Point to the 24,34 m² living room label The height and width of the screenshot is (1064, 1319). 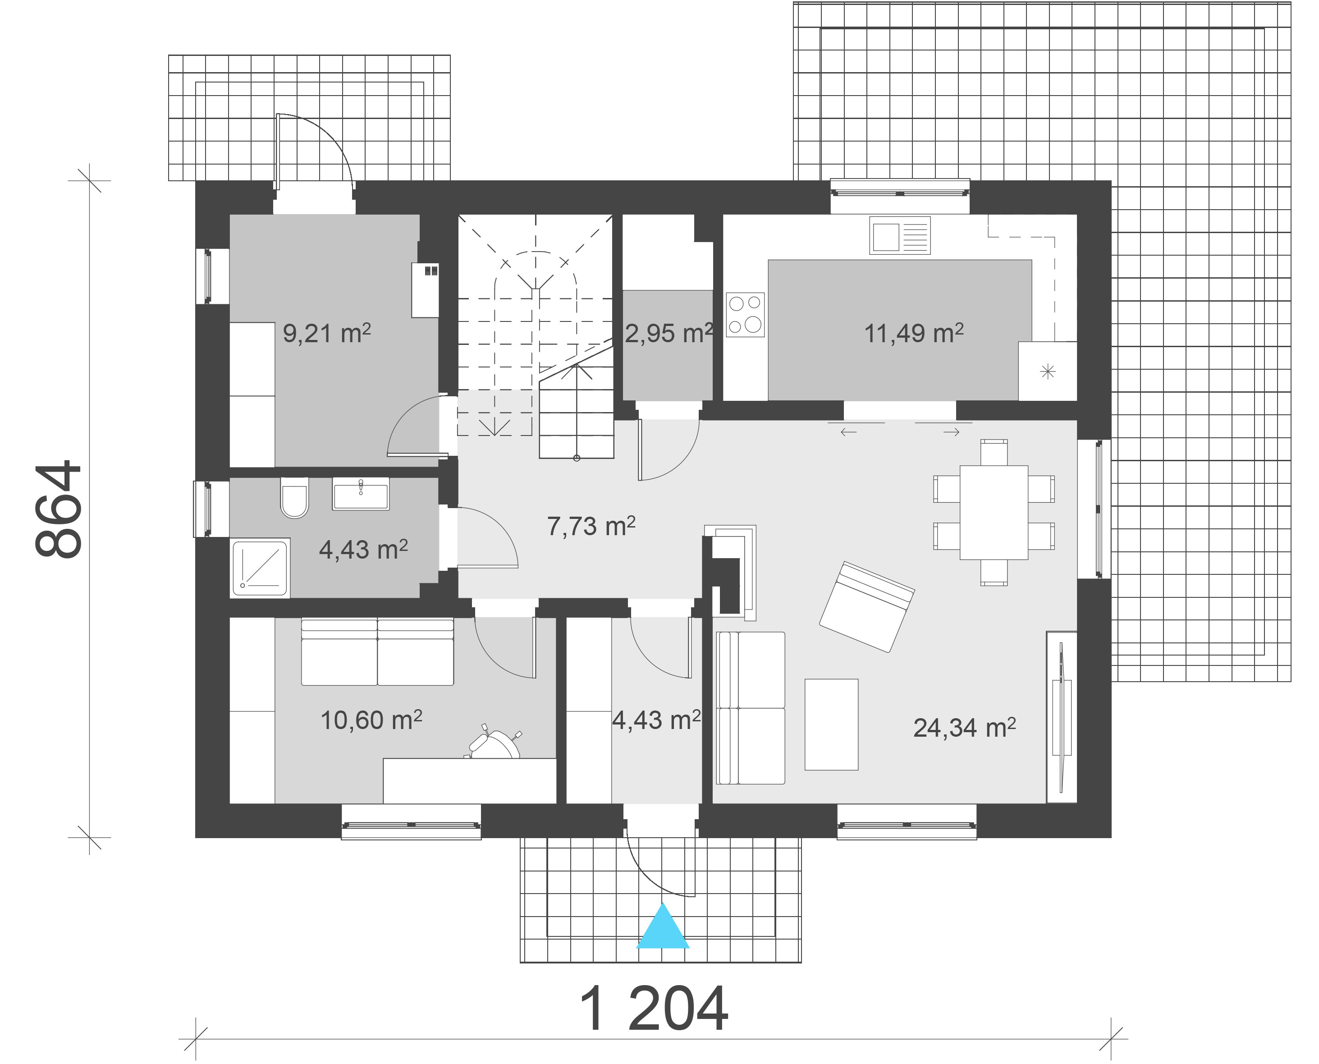click(964, 728)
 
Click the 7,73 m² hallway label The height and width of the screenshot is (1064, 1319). click(591, 526)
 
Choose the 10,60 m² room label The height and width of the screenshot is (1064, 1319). click(371, 720)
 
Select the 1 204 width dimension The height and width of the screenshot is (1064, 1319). click(653, 1009)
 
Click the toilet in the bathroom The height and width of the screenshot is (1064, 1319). click(294, 498)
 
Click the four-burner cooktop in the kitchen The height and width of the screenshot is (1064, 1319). click(745, 314)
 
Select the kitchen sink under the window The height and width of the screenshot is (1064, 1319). click(900, 235)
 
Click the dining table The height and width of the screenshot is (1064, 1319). click(994, 512)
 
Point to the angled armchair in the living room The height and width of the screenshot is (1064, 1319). click(867, 607)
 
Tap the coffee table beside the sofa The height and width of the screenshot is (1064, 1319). click(831, 725)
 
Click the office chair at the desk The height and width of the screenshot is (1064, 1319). click(494, 743)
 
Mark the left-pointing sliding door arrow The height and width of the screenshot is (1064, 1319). click(848, 432)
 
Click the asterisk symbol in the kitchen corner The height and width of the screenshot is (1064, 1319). click(1048, 371)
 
